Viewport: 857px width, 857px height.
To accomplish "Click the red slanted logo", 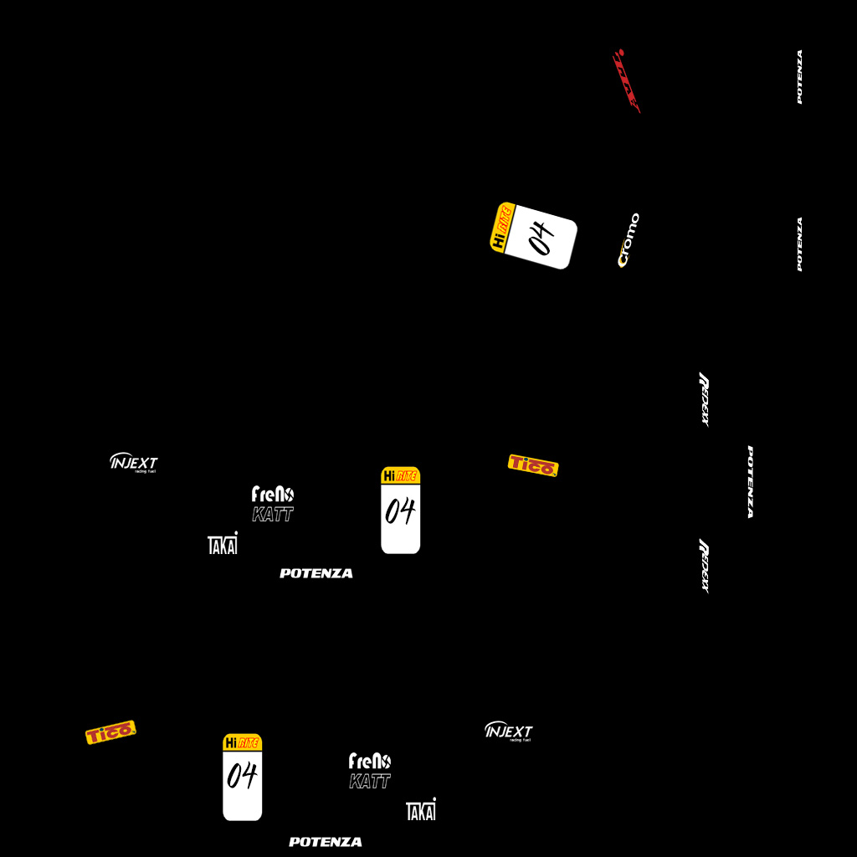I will click(x=626, y=81).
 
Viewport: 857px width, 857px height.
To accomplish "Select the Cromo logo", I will click(x=629, y=240).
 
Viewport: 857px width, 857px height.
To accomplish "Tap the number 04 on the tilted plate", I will click(x=541, y=238).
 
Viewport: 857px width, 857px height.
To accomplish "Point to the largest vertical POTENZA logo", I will click(x=751, y=481).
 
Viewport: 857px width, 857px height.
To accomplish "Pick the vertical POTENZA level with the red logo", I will click(x=799, y=77).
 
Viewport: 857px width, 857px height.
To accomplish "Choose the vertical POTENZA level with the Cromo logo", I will click(x=799, y=244).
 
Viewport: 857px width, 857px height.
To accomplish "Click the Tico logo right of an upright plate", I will click(x=533, y=465).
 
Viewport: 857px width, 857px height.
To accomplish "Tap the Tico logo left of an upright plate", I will click(x=110, y=732).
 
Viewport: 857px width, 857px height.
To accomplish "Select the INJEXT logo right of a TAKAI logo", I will click(x=508, y=731).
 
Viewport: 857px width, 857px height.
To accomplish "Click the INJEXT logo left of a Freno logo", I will click(x=134, y=462).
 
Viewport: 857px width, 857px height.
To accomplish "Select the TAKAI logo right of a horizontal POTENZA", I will click(x=421, y=809).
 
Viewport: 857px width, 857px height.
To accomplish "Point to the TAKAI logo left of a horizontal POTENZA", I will click(x=223, y=543).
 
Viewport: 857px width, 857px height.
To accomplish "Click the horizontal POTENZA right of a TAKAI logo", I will click(x=316, y=573).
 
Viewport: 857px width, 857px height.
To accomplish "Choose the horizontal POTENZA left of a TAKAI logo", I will click(x=326, y=842).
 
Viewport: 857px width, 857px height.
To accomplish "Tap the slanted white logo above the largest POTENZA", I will click(x=704, y=399).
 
